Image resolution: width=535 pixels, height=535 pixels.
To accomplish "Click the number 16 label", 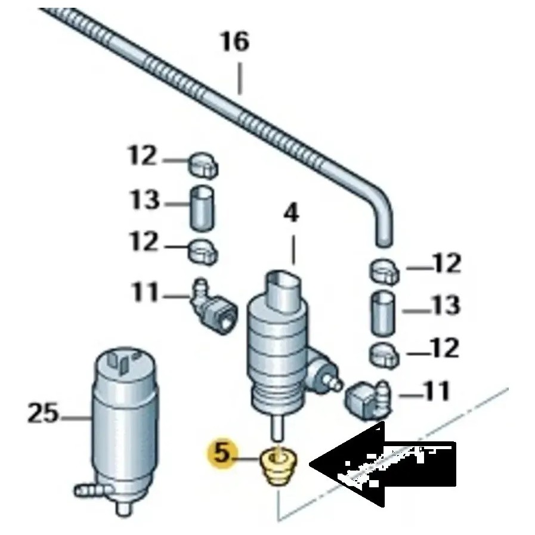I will pos(234,44).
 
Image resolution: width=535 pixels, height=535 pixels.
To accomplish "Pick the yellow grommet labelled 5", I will pos(279,468).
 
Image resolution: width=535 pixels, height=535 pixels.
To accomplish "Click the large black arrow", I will pos(382,465).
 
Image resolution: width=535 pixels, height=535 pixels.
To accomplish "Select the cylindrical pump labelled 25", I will pos(123,418).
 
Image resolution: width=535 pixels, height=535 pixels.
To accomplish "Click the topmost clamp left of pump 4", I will pos(203,165).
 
